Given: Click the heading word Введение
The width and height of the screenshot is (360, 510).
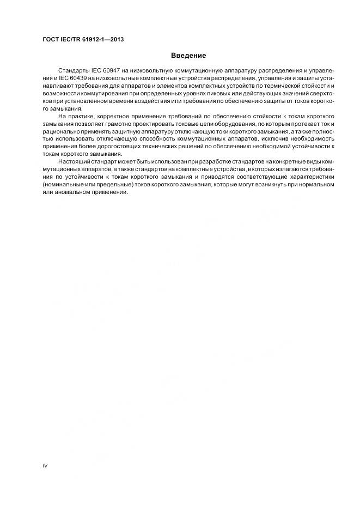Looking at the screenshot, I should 188,55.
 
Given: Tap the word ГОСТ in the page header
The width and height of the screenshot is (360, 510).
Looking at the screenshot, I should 51,39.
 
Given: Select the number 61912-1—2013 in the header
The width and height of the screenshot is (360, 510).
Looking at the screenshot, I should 104,39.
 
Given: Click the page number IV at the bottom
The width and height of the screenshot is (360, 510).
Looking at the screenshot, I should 45,466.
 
